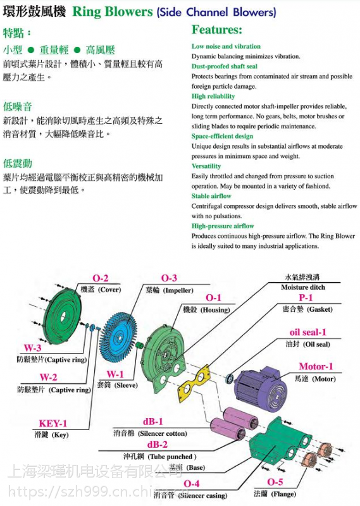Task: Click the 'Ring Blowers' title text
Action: point(113,11)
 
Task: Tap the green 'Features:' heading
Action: point(217,30)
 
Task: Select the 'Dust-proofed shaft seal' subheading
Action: point(224,66)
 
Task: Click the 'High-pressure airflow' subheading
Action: point(223,226)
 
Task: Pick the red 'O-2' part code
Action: point(101,279)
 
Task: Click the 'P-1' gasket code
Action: point(306,298)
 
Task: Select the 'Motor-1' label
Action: point(316,367)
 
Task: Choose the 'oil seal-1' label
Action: point(308,333)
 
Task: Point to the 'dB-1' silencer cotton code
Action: point(152,421)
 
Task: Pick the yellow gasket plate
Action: point(194,385)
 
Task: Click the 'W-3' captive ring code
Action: point(33,349)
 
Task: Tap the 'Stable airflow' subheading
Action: point(211,196)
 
